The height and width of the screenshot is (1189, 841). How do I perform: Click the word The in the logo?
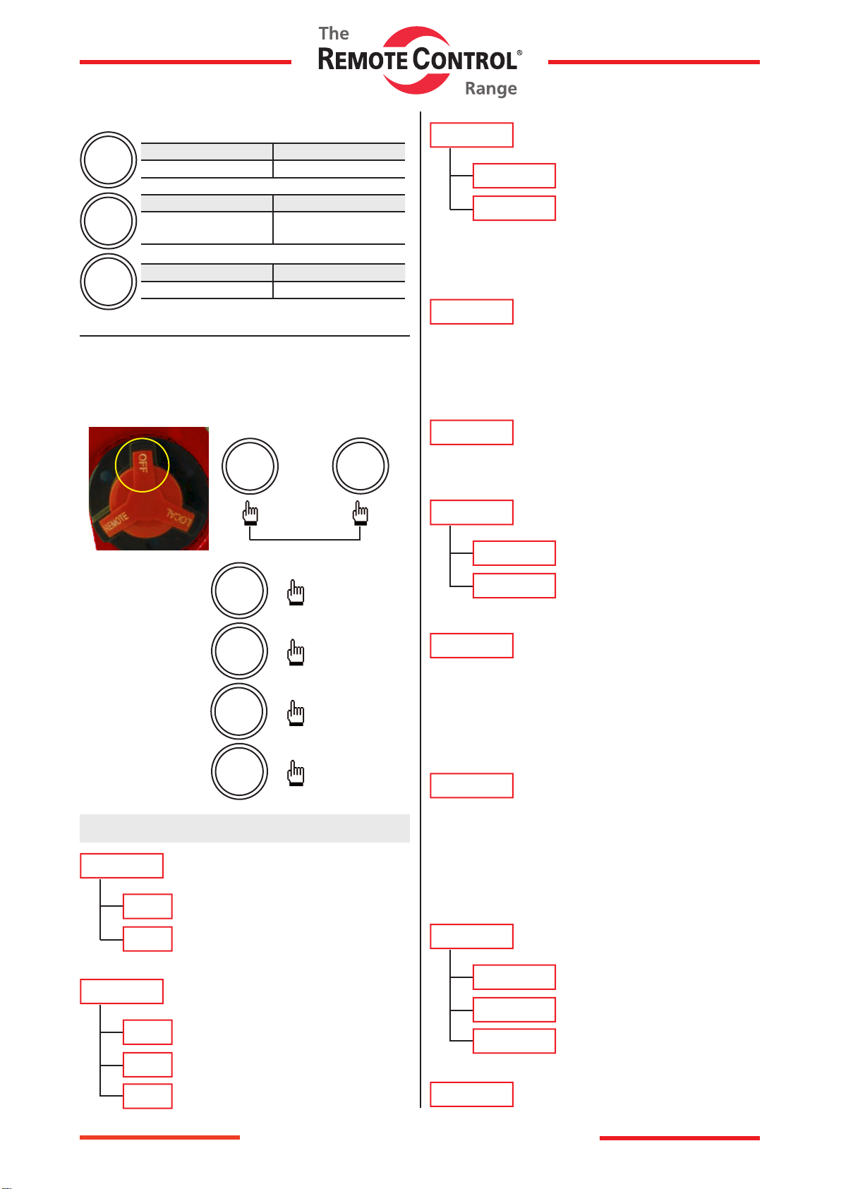tap(334, 34)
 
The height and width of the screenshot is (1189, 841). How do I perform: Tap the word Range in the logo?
tap(491, 89)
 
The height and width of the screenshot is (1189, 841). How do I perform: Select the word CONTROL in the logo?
tap(465, 60)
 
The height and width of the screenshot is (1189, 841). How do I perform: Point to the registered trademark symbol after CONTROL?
tap(520, 53)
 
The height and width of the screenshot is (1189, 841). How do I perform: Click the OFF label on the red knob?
tap(143, 463)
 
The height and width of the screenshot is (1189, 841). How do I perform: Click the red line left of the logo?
tap(185, 62)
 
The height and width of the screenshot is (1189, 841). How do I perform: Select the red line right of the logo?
tap(653, 62)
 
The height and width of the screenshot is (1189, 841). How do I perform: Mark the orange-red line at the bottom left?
tap(159, 1137)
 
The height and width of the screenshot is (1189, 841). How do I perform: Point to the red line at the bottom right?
tap(679, 1137)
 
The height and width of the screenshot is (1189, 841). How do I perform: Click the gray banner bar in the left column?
tap(244, 828)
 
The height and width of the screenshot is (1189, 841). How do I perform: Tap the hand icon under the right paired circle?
tap(361, 513)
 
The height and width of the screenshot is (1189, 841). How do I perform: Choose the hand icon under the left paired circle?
tap(250, 513)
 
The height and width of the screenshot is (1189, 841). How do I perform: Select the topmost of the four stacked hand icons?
tap(296, 593)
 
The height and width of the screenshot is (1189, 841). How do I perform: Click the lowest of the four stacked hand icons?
tap(296, 774)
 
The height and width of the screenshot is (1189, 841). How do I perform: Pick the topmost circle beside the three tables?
tap(108, 159)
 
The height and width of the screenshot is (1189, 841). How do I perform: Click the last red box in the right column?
tap(471, 1094)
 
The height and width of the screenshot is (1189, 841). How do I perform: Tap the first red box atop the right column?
tap(471, 135)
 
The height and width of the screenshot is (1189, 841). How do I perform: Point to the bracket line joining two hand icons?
tap(305, 540)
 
